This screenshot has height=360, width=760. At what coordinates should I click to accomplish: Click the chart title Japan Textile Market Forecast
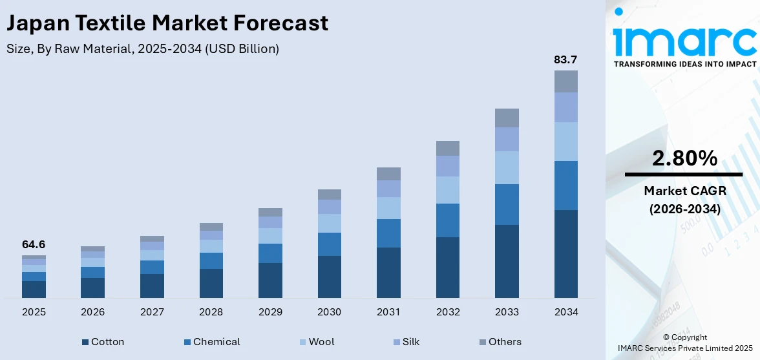pyautogui.click(x=167, y=23)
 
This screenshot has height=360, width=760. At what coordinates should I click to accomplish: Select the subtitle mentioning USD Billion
pyautogui.click(x=143, y=49)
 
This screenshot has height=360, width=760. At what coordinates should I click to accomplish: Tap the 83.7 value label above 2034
pyautogui.click(x=565, y=59)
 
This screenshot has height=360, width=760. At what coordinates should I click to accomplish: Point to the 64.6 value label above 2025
pyautogui.click(x=34, y=244)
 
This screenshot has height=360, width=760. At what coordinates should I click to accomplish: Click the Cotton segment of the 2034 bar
pyautogui.click(x=565, y=253)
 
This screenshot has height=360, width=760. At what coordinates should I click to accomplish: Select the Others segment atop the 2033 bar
pyautogui.click(x=507, y=118)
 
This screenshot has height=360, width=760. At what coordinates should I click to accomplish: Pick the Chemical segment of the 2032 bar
pyautogui.click(x=447, y=220)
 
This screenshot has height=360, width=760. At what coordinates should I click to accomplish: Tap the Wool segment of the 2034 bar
pyautogui.click(x=565, y=141)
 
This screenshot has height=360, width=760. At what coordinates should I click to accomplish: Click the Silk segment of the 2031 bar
pyautogui.click(x=388, y=188)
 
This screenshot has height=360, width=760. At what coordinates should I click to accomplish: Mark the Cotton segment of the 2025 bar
pyautogui.click(x=34, y=289)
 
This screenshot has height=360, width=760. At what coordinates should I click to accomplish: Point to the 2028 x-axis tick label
pyautogui.click(x=211, y=312)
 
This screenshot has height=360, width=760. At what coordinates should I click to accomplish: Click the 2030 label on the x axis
pyautogui.click(x=329, y=312)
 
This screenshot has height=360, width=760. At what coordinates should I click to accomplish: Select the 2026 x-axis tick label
pyautogui.click(x=92, y=312)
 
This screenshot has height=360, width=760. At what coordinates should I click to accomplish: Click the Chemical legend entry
pyautogui.click(x=211, y=342)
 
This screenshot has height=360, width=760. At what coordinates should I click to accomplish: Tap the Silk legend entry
pyautogui.click(x=405, y=342)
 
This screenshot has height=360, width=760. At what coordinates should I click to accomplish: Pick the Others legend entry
pyautogui.click(x=500, y=342)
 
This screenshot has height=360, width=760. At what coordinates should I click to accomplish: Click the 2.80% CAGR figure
pyautogui.click(x=684, y=158)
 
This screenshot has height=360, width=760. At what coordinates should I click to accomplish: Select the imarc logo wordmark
pyautogui.click(x=684, y=40)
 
